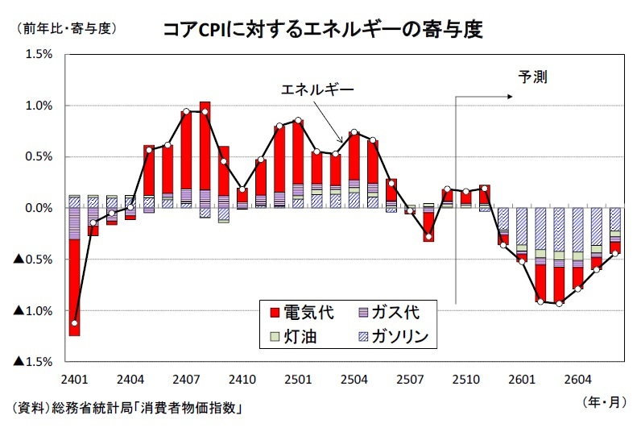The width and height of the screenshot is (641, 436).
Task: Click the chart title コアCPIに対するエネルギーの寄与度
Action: pyautogui.click(x=322, y=30)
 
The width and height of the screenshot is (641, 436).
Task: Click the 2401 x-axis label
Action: pyautogui.click(x=74, y=378)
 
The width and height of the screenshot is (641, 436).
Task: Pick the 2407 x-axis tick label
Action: pyautogui.click(x=187, y=378)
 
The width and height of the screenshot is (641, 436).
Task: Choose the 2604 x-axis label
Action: pyautogui.click(x=579, y=378)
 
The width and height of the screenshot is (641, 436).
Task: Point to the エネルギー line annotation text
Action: pyautogui.click(x=316, y=89)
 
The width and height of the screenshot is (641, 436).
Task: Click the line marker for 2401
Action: pyautogui.click(x=75, y=323)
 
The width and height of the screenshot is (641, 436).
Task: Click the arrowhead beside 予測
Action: pyautogui.click(x=510, y=97)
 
